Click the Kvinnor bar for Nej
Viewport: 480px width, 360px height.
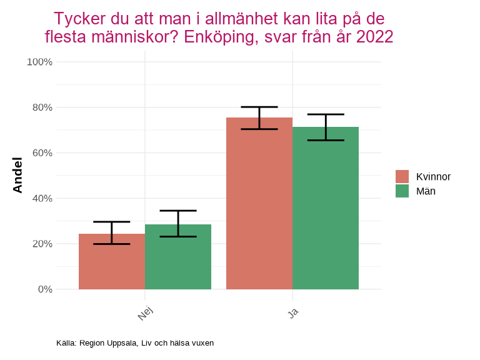click(x=112, y=262)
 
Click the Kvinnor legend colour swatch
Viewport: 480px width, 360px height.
click(x=402, y=177)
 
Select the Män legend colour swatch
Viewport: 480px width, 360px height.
click(x=402, y=191)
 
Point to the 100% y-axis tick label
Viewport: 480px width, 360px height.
click(x=39, y=62)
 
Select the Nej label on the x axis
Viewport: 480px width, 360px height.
click(x=146, y=312)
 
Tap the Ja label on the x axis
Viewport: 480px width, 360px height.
click(x=293, y=311)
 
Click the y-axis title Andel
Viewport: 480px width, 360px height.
click(x=17, y=176)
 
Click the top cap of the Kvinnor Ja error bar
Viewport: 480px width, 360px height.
click(x=259, y=107)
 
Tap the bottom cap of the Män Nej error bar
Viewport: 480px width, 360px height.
click(x=178, y=236)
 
